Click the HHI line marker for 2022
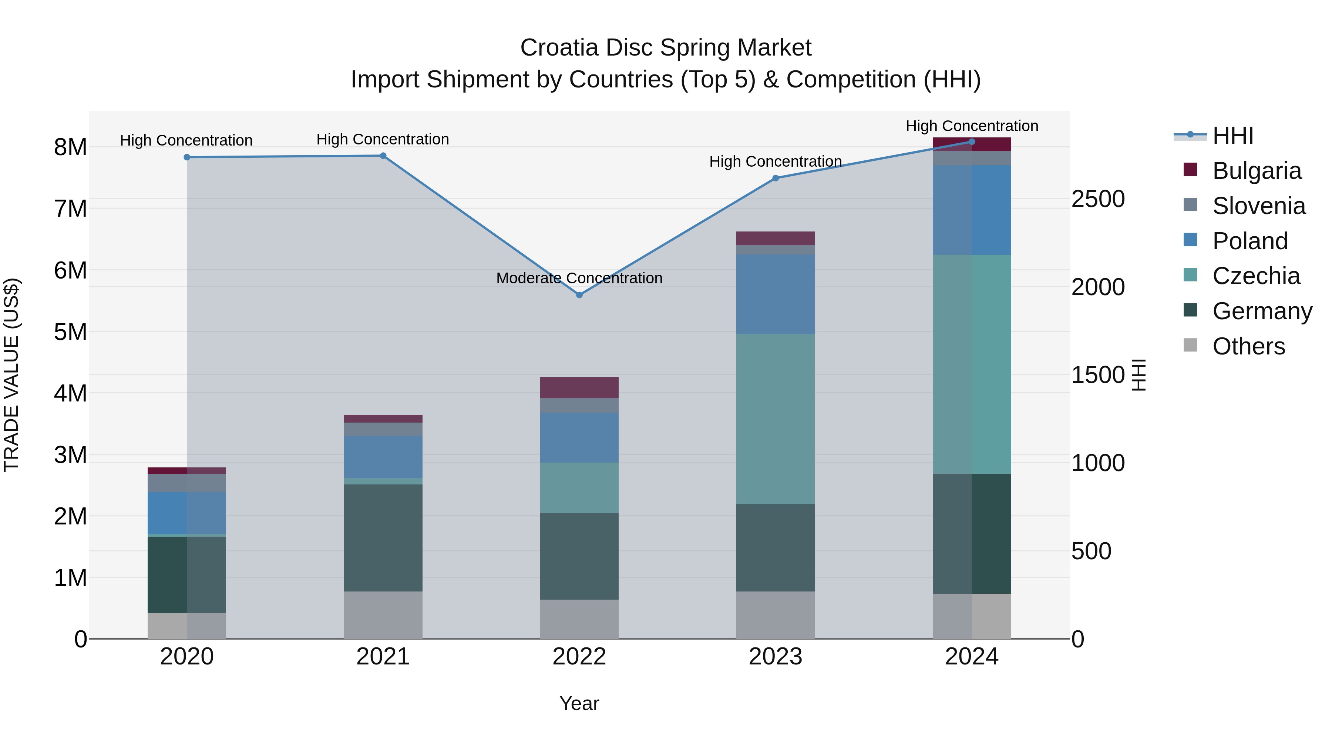click(x=579, y=295)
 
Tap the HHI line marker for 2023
click(x=775, y=178)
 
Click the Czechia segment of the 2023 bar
click(x=775, y=419)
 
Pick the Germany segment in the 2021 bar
click(x=383, y=538)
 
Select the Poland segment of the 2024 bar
click(x=972, y=210)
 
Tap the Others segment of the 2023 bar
click(x=775, y=615)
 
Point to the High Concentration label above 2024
click(x=972, y=126)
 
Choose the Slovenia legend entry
click(x=1259, y=206)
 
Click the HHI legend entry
click(x=1233, y=136)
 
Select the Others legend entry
click(x=1248, y=346)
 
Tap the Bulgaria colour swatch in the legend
click(x=1190, y=170)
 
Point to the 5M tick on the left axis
click(x=70, y=332)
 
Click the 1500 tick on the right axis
click(x=1098, y=375)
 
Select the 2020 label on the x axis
click(x=187, y=656)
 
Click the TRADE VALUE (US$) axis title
click(x=11, y=375)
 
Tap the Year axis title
click(x=579, y=703)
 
